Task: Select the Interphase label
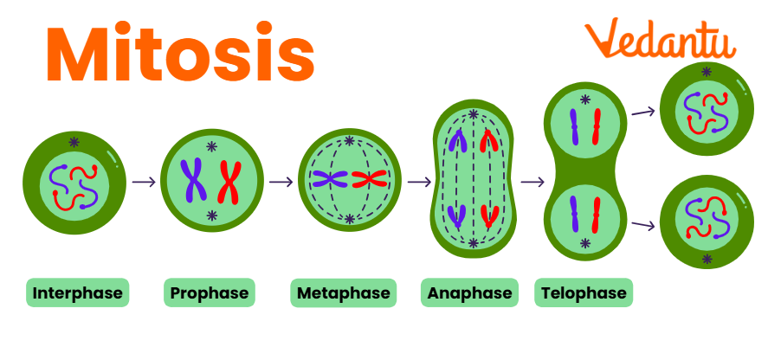coord(78,293)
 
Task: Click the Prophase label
coord(209,293)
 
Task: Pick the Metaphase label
coord(343,293)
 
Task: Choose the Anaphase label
coord(468,293)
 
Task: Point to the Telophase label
coord(583,293)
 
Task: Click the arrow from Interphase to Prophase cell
coord(145,182)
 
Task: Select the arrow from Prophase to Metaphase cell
coord(281,182)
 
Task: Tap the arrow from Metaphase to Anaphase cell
coord(419,182)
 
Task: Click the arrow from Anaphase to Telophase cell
coord(532,182)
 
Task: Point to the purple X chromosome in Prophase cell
coord(193,180)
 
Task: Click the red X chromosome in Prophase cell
coord(229,181)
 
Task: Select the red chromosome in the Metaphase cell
coord(368,180)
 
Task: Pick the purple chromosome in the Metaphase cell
coord(330,180)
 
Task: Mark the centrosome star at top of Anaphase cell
coord(473,115)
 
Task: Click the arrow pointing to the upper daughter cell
coord(642,111)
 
